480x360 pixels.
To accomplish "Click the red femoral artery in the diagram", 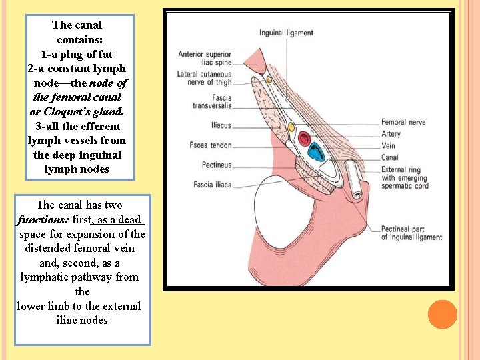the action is (x=305, y=139).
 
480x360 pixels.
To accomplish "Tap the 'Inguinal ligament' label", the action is (x=286, y=33).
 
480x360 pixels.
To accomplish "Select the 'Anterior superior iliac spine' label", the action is (x=205, y=59).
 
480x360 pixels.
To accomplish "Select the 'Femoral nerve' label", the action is (x=403, y=123).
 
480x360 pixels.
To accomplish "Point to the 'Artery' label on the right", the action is (x=391, y=134).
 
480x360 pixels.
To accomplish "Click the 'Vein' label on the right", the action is (x=389, y=146).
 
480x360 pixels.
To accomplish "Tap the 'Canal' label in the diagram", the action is (x=390, y=158).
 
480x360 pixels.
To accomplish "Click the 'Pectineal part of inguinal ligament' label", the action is (x=411, y=233).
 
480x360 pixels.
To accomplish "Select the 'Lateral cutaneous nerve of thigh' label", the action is (x=205, y=78).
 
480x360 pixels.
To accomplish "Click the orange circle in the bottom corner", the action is (x=442, y=315).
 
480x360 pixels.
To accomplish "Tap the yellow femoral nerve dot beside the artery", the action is (x=291, y=127).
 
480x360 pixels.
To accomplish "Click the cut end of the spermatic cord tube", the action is (x=357, y=195).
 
